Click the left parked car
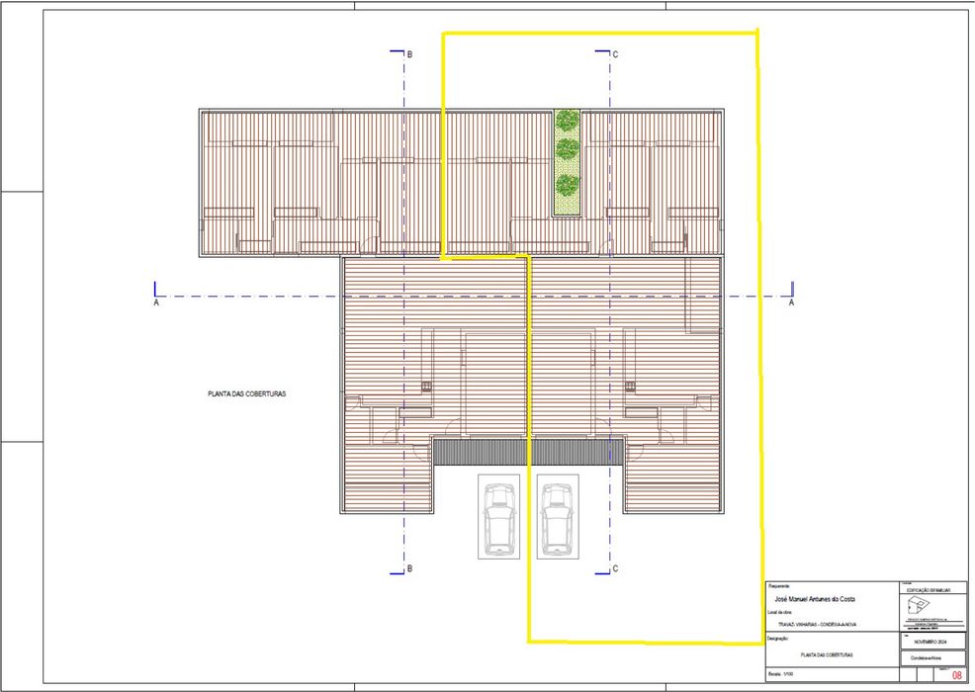click(x=500, y=517)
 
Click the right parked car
click(x=558, y=517)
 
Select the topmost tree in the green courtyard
click(x=567, y=121)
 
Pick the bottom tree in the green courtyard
click(x=567, y=185)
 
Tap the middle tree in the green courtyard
click(x=567, y=150)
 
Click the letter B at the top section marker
click(x=408, y=54)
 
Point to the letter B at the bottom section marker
click(x=408, y=568)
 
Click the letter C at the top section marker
click(x=615, y=54)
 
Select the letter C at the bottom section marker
click(x=615, y=568)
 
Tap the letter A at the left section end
click(x=156, y=304)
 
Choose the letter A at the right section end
click(x=791, y=304)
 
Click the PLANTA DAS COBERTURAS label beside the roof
click(x=246, y=393)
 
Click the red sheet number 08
click(x=956, y=676)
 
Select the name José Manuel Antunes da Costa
click(x=815, y=600)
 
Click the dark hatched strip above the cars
click(x=528, y=453)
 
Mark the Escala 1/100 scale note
click(x=781, y=675)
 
